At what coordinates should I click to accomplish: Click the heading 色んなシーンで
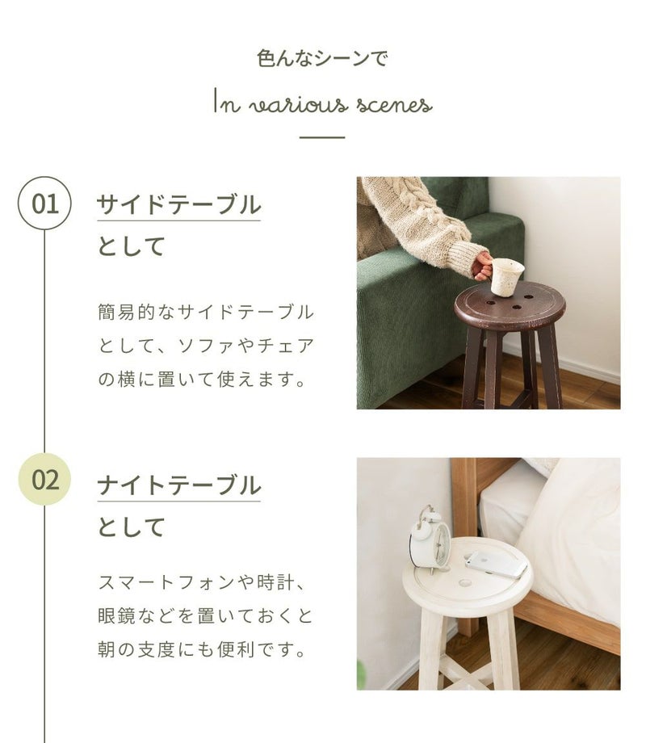coord(322,58)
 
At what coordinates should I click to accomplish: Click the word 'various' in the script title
coord(299,105)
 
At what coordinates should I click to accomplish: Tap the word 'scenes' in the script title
coord(394,105)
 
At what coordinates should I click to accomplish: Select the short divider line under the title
coord(322,137)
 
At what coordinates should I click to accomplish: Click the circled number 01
coord(44,204)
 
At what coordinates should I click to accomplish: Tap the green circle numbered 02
coord(44,480)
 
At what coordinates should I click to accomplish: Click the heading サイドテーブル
coord(178,204)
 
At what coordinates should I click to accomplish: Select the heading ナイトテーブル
coord(179,485)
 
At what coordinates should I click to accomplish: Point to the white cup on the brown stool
coord(506,277)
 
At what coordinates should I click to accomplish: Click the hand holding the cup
coord(483,266)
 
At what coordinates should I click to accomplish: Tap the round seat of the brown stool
coord(510,306)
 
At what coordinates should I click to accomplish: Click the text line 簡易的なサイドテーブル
coord(206,312)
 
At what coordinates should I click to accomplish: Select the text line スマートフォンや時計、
coord(203,582)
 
